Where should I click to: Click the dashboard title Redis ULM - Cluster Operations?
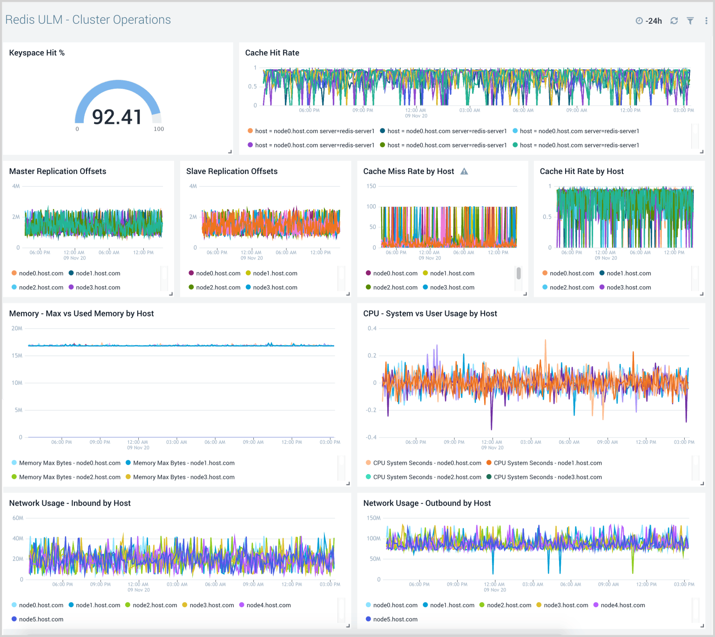point(88,20)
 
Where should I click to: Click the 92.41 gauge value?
point(117,117)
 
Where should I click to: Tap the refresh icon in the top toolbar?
point(674,21)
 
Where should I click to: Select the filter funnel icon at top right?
point(690,21)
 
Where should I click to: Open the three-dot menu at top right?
point(706,21)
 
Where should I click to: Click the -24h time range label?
point(654,21)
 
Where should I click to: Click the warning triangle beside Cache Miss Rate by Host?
point(464,171)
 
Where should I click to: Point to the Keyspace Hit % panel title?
point(37,53)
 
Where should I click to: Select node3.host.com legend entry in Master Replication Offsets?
point(98,288)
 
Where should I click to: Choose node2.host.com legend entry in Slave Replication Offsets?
point(218,288)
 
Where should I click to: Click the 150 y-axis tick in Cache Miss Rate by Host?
point(371,186)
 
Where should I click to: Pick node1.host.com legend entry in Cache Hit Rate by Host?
point(628,274)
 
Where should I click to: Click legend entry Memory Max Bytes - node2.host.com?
point(69,477)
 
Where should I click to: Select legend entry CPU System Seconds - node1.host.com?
point(547,463)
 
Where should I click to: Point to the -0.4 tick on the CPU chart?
point(371,437)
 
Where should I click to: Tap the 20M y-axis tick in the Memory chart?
point(17,329)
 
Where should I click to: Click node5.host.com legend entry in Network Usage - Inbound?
point(41,619)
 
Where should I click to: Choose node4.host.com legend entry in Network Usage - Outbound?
point(622,605)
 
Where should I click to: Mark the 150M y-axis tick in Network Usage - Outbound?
point(373,518)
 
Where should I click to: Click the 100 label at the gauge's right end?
point(159,129)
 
